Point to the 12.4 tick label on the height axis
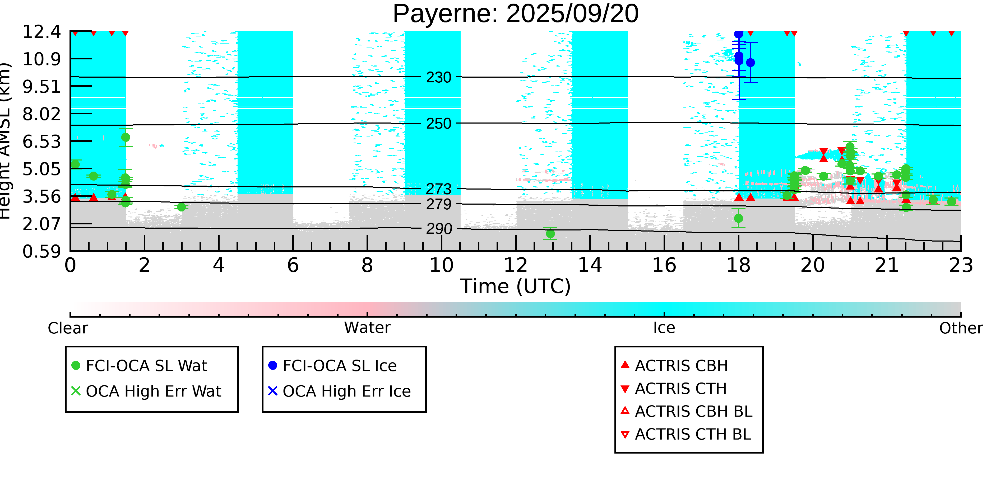pyautogui.click(x=41, y=32)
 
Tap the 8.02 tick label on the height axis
pyautogui.click(x=41, y=114)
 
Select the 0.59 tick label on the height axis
pyautogui.click(x=41, y=252)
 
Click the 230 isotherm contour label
pyautogui.click(x=439, y=78)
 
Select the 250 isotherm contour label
pyautogui.click(x=439, y=124)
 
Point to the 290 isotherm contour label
pyautogui.click(x=439, y=229)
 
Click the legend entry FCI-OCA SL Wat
pyautogui.click(x=146, y=365)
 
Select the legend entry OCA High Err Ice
pyautogui.click(x=346, y=391)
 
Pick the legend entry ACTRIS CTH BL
pyautogui.click(x=692, y=434)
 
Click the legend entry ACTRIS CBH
pyautogui.click(x=681, y=365)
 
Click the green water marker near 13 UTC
pyautogui.click(x=550, y=234)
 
